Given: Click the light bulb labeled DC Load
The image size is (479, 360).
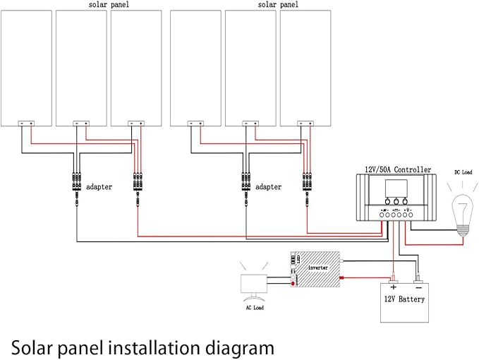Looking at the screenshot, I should point(462,210).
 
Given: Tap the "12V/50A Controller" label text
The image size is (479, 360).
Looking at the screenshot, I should point(399,169).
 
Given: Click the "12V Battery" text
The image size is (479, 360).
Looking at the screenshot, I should point(404,299).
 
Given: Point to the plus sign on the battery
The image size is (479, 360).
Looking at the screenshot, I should point(393,287).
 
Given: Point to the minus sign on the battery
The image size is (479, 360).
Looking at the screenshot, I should point(418,287).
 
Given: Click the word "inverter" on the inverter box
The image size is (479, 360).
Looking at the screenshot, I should point(316,268).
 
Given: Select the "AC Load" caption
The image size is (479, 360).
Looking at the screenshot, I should point(253,308).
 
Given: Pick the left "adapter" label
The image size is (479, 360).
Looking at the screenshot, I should point(99,187).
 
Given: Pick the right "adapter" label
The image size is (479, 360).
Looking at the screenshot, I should point(268,187).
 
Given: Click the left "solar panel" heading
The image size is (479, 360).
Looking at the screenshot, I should point(109,5).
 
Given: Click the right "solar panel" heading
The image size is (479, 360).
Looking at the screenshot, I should point(277,5).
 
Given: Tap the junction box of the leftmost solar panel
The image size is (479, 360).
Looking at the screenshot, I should point(26,124).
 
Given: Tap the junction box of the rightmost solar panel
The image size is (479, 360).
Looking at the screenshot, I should point(307,124).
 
